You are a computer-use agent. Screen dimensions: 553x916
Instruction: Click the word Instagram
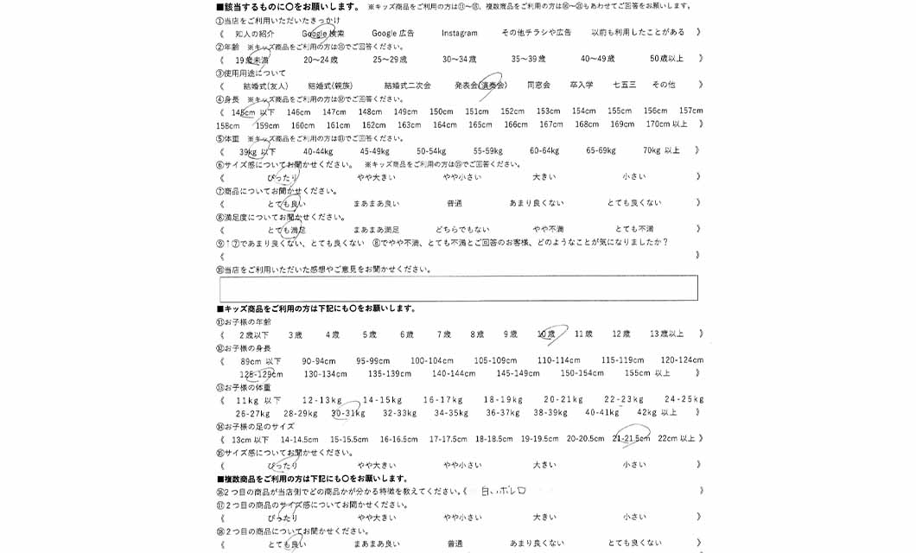click(459, 33)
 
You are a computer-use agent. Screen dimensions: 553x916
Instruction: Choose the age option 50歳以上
click(666, 59)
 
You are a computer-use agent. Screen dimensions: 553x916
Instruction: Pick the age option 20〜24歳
click(321, 59)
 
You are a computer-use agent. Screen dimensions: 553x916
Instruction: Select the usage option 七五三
click(624, 85)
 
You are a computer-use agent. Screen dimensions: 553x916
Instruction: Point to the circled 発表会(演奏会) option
click(480, 85)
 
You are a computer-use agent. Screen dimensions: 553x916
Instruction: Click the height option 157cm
click(690, 111)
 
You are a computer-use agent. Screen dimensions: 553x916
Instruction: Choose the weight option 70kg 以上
click(661, 150)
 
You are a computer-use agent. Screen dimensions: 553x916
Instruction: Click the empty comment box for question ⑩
click(458, 288)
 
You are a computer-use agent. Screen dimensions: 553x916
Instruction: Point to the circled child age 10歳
click(547, 334)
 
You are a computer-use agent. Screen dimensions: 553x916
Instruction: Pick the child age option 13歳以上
click(665, 334)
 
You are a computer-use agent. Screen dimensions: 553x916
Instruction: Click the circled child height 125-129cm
click(258, 373)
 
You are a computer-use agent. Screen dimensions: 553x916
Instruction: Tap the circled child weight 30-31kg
click(347, 412)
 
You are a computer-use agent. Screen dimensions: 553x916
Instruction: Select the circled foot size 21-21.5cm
click(631, 438)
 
